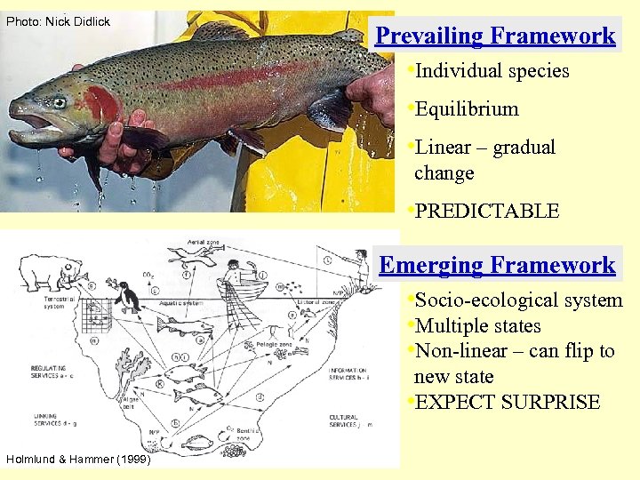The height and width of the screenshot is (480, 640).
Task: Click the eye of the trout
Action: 59,102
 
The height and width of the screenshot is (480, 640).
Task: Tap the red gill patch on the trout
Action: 100,106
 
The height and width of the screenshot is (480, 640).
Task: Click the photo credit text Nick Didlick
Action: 58,21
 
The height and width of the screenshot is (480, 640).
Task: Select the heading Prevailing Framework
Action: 495,36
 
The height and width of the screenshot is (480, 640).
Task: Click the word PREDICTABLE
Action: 487,212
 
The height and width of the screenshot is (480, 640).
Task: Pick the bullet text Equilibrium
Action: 467,109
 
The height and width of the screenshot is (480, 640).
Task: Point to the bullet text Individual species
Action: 492,71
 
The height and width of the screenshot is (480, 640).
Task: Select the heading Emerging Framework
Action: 497,265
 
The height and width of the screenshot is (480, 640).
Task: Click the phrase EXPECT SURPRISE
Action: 508,402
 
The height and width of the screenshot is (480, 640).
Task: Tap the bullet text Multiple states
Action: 477,326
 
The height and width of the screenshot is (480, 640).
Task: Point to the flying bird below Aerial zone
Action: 188,255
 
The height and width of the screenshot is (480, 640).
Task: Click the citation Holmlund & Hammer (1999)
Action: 79,459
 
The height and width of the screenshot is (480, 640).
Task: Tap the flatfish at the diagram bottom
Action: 197,442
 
